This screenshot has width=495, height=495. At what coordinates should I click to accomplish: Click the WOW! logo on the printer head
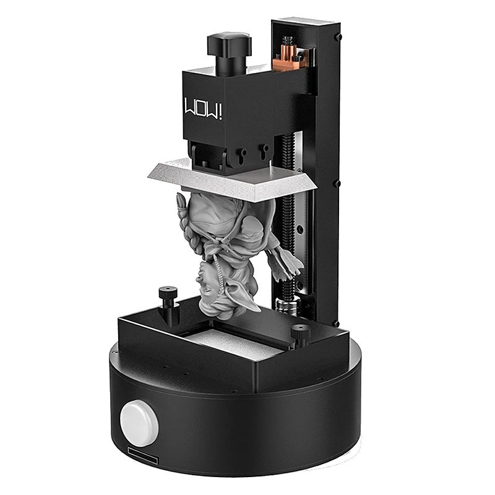tap(203, 108)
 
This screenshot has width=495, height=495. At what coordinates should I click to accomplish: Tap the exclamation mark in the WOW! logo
tap(220, 112)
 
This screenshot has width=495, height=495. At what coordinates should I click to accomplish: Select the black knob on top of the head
tap(229, 53)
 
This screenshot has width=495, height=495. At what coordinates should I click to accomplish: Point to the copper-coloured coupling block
tap(288, 59)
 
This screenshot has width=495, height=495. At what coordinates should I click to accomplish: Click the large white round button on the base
tap(139, 423)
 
